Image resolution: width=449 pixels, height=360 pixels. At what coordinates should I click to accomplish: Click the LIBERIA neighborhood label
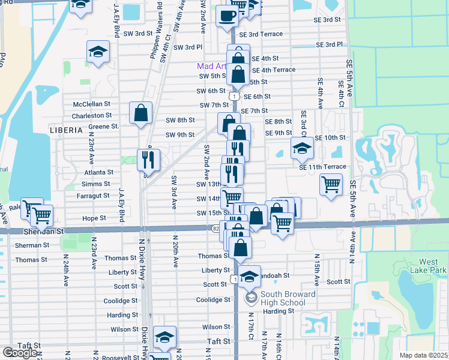point(66,130)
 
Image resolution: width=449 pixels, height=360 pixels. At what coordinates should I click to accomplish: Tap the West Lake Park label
point(432,266)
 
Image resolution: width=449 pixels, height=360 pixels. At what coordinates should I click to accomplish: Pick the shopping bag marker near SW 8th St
point(140,113)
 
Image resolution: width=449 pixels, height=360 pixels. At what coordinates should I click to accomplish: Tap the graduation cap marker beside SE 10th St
point(302,148)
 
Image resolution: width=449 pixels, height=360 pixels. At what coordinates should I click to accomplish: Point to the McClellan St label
point(92,104)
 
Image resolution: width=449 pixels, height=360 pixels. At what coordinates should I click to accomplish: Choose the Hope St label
point(94,218)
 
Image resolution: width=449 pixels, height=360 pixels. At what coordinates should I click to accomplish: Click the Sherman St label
point(32,245)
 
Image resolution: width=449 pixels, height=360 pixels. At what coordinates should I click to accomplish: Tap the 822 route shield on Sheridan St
point(217,228)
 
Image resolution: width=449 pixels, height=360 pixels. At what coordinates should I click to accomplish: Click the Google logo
point(19,352)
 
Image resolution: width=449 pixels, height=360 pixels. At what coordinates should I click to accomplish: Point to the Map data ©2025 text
point(424,355)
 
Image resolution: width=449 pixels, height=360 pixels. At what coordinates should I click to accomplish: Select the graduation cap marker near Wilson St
point(164,337)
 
